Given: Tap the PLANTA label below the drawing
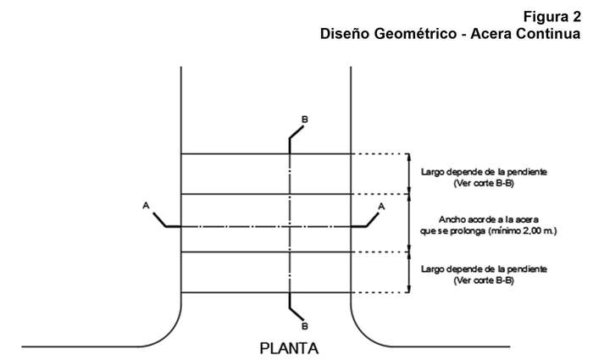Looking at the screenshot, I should point(290,348).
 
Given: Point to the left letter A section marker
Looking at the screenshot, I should point(147,206).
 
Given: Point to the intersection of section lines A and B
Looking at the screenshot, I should point(290,227).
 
